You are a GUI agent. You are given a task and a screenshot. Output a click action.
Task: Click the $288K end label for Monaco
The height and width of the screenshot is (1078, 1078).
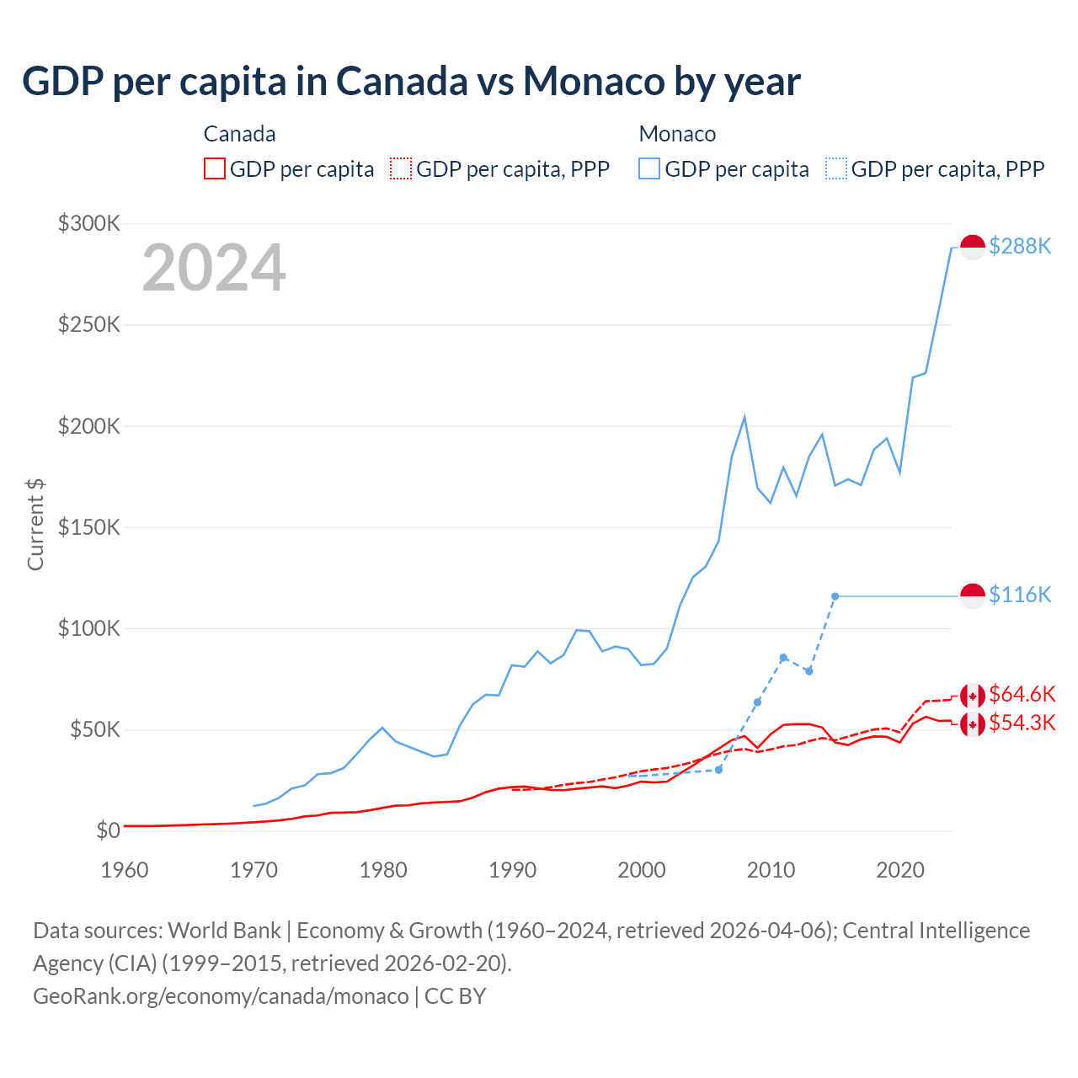click(1020, 246)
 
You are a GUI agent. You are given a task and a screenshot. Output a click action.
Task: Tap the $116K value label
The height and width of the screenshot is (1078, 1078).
click(1020, 595)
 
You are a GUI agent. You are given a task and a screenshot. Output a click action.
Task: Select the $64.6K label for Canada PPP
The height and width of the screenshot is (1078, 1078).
click(1022, 694)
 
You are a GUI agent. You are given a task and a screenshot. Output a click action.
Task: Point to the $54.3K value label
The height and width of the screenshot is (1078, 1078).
click(1022, 723)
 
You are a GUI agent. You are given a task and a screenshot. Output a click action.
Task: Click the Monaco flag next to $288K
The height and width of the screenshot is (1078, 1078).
click(973, 248)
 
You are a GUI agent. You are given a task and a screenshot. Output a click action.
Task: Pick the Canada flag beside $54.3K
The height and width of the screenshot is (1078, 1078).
click(973, 723)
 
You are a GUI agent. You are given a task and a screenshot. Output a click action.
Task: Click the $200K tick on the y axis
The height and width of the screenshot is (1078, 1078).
click(88, 426)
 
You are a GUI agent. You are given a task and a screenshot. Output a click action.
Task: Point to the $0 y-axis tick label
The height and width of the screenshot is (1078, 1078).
click(108, 830)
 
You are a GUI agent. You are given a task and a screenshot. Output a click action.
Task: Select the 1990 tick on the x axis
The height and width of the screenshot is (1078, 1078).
click(512, 870)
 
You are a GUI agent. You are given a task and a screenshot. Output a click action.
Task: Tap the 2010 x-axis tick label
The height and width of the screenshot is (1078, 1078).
click(771, 870)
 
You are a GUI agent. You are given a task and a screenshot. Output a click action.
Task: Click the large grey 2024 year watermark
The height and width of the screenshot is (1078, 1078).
click(214, 268)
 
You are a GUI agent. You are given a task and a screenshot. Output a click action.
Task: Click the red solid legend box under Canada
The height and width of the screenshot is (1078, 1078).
click(215, 168)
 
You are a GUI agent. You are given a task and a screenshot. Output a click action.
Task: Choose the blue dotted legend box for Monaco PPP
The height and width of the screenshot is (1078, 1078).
click(836, 168)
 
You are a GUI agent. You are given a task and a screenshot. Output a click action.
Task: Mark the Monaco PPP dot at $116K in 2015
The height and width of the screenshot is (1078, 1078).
click(835, 596)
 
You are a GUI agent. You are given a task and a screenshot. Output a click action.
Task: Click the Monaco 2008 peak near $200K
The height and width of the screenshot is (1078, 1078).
click(744, 417)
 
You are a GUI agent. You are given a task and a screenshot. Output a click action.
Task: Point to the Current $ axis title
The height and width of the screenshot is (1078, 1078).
click(35, 524)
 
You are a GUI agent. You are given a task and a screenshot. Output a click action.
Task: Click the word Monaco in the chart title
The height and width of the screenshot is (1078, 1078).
click(594, 82)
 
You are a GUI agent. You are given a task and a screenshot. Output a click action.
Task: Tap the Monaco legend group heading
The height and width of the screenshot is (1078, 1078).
click(677, 134)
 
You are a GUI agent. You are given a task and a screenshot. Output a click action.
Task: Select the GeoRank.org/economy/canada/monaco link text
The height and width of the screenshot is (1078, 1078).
click(221, 996)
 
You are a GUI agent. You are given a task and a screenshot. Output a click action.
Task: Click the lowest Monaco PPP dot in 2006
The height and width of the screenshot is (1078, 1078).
click(718, 770)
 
